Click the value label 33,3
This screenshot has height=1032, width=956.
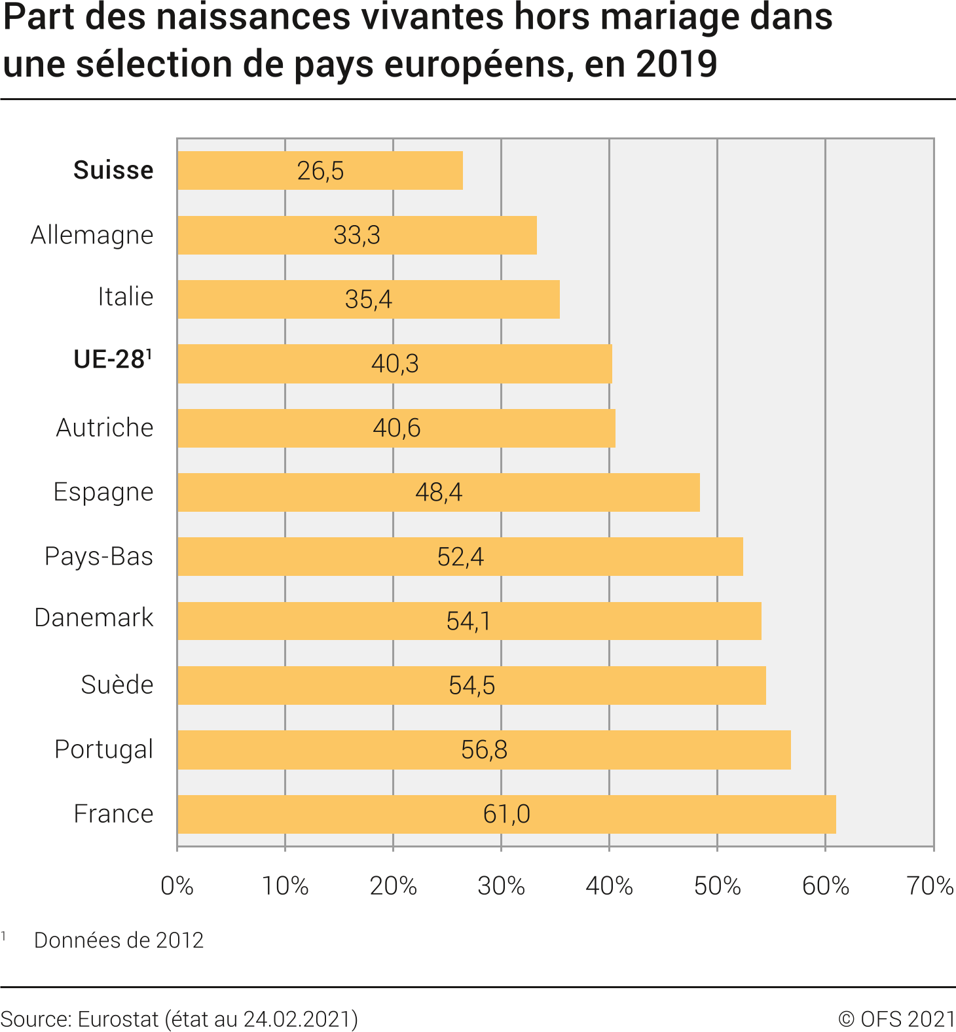click(357, 235)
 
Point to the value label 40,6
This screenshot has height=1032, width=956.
click(397, 428)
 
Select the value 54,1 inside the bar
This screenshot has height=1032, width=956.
click(468, 621)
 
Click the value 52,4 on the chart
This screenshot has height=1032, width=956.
click(460, 557)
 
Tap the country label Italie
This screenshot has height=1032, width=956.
click(126, 296)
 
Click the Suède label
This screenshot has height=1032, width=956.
click(117, 685)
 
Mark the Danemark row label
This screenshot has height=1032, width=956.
click(94, 618)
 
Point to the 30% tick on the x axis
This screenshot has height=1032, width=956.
click(501, 886)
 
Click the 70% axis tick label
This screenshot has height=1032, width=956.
click(930, 886)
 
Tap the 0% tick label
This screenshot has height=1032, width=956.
click(177, 886)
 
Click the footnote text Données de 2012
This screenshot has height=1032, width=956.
click(119, 940)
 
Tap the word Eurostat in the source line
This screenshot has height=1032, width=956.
click(118, 1019)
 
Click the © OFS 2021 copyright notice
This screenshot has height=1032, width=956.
click(896, 1019)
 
